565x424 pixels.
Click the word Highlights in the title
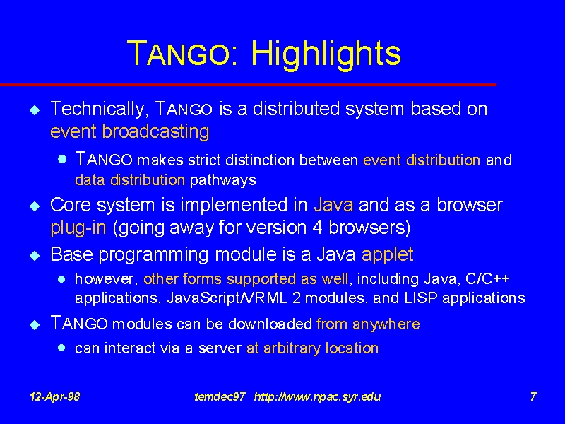(x=326, y=54)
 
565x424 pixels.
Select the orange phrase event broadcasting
(x=130, y=131)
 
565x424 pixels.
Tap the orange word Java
(x=333, y=205)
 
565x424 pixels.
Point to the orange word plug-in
(x=78, y=228)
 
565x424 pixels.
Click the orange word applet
(x=387, y=254)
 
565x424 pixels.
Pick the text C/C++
(x=487, y=278)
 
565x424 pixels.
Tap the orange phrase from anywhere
(x=368, y=324)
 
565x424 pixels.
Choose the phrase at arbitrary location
(x=312, y=348)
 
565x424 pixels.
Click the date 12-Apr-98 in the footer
(x=55, y=397)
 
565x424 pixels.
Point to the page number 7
(x=533, y=396)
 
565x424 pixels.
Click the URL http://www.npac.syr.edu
(x=317, y=397)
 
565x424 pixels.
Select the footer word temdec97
(x=220, y=397)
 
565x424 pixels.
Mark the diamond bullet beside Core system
(x=35, y=206)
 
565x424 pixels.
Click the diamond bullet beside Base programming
(x=35, y=256)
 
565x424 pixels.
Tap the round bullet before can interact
(x=61, y=348)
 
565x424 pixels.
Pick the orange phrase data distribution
(x=130, y=180)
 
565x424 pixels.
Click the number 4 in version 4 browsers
(x=317, y=228)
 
